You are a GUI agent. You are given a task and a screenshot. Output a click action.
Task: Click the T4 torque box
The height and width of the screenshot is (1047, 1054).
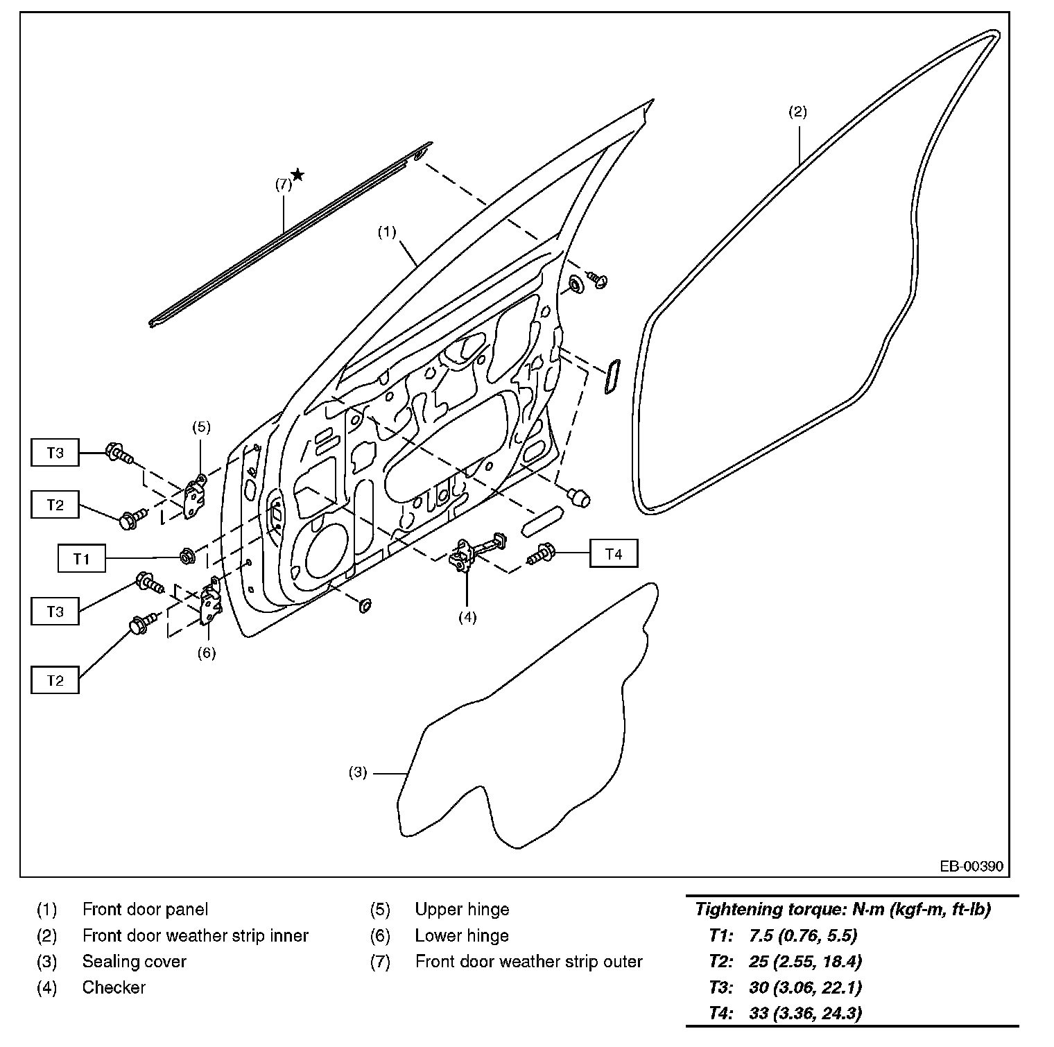(614, 553)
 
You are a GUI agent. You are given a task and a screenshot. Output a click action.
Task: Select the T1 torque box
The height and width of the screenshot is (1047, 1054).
(82, 557)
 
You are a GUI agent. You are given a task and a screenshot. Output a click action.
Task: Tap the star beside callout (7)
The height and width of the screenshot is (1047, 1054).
(297, 174)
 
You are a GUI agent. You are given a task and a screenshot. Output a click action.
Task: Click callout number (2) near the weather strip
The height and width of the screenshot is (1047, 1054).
(797, 112)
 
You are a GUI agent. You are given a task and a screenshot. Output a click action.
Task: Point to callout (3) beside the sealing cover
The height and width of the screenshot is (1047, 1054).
(357, 772)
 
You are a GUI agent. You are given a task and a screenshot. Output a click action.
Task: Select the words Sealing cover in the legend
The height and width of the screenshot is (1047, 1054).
(134, 961)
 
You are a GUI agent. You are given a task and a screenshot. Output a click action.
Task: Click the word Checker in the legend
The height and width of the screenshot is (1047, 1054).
(114, 987)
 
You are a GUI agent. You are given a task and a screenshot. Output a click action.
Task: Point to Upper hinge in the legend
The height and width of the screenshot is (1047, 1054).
(462, 909)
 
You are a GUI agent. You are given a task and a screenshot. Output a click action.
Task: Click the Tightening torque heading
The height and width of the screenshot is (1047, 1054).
(843, 909)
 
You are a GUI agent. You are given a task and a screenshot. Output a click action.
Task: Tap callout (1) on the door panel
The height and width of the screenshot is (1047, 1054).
(386, 232)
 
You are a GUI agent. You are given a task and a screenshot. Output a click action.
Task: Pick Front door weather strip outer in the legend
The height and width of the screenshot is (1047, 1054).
(528, 961)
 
